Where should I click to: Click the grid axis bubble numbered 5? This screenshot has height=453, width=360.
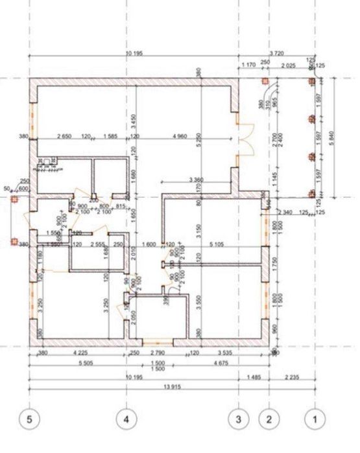(29, 419)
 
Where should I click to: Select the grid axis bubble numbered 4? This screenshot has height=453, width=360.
(126, 419)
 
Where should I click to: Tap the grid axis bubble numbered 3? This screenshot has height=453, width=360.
(239, 419)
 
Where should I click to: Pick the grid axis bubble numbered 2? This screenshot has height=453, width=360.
(269, 419)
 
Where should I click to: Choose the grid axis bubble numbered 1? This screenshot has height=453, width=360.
(315, 419)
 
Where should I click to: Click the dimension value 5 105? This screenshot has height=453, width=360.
(217, 244)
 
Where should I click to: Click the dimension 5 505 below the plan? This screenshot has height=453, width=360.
(77, 364)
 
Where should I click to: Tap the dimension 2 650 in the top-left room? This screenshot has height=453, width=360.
(64, 135)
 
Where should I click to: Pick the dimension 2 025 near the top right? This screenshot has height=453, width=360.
(289, 65)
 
